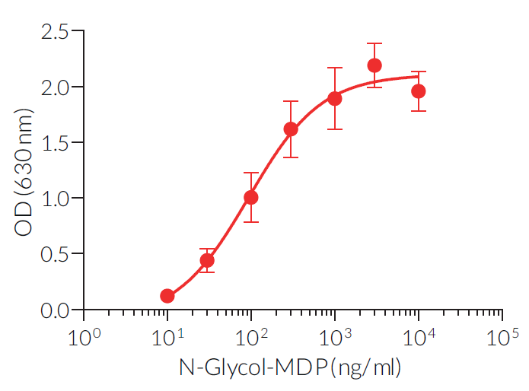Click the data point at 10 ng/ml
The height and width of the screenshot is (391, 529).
point(167,296)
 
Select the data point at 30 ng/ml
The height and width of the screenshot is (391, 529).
point(207,260)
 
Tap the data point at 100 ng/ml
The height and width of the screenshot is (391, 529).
point(250,198)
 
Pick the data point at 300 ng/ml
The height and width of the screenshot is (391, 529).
point(291,129)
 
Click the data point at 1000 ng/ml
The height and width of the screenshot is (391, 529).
point(334,98)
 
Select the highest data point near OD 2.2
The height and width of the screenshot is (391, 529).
point(374,65)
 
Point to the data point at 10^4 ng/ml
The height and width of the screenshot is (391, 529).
point(418,91)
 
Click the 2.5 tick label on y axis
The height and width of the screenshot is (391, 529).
point(53,32)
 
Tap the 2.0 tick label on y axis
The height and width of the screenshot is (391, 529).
point(53,87)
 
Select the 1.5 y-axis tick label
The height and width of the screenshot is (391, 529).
point(53,143)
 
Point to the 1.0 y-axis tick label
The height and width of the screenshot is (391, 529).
point(53,199)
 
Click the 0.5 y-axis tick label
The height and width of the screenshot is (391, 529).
point(53,254)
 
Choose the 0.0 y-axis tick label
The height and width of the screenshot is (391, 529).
point(53,310)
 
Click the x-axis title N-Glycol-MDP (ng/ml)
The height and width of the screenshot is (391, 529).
point(289,369)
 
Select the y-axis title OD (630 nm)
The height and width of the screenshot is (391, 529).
point(24,171)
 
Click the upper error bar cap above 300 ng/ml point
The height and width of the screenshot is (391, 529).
point(291,101)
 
